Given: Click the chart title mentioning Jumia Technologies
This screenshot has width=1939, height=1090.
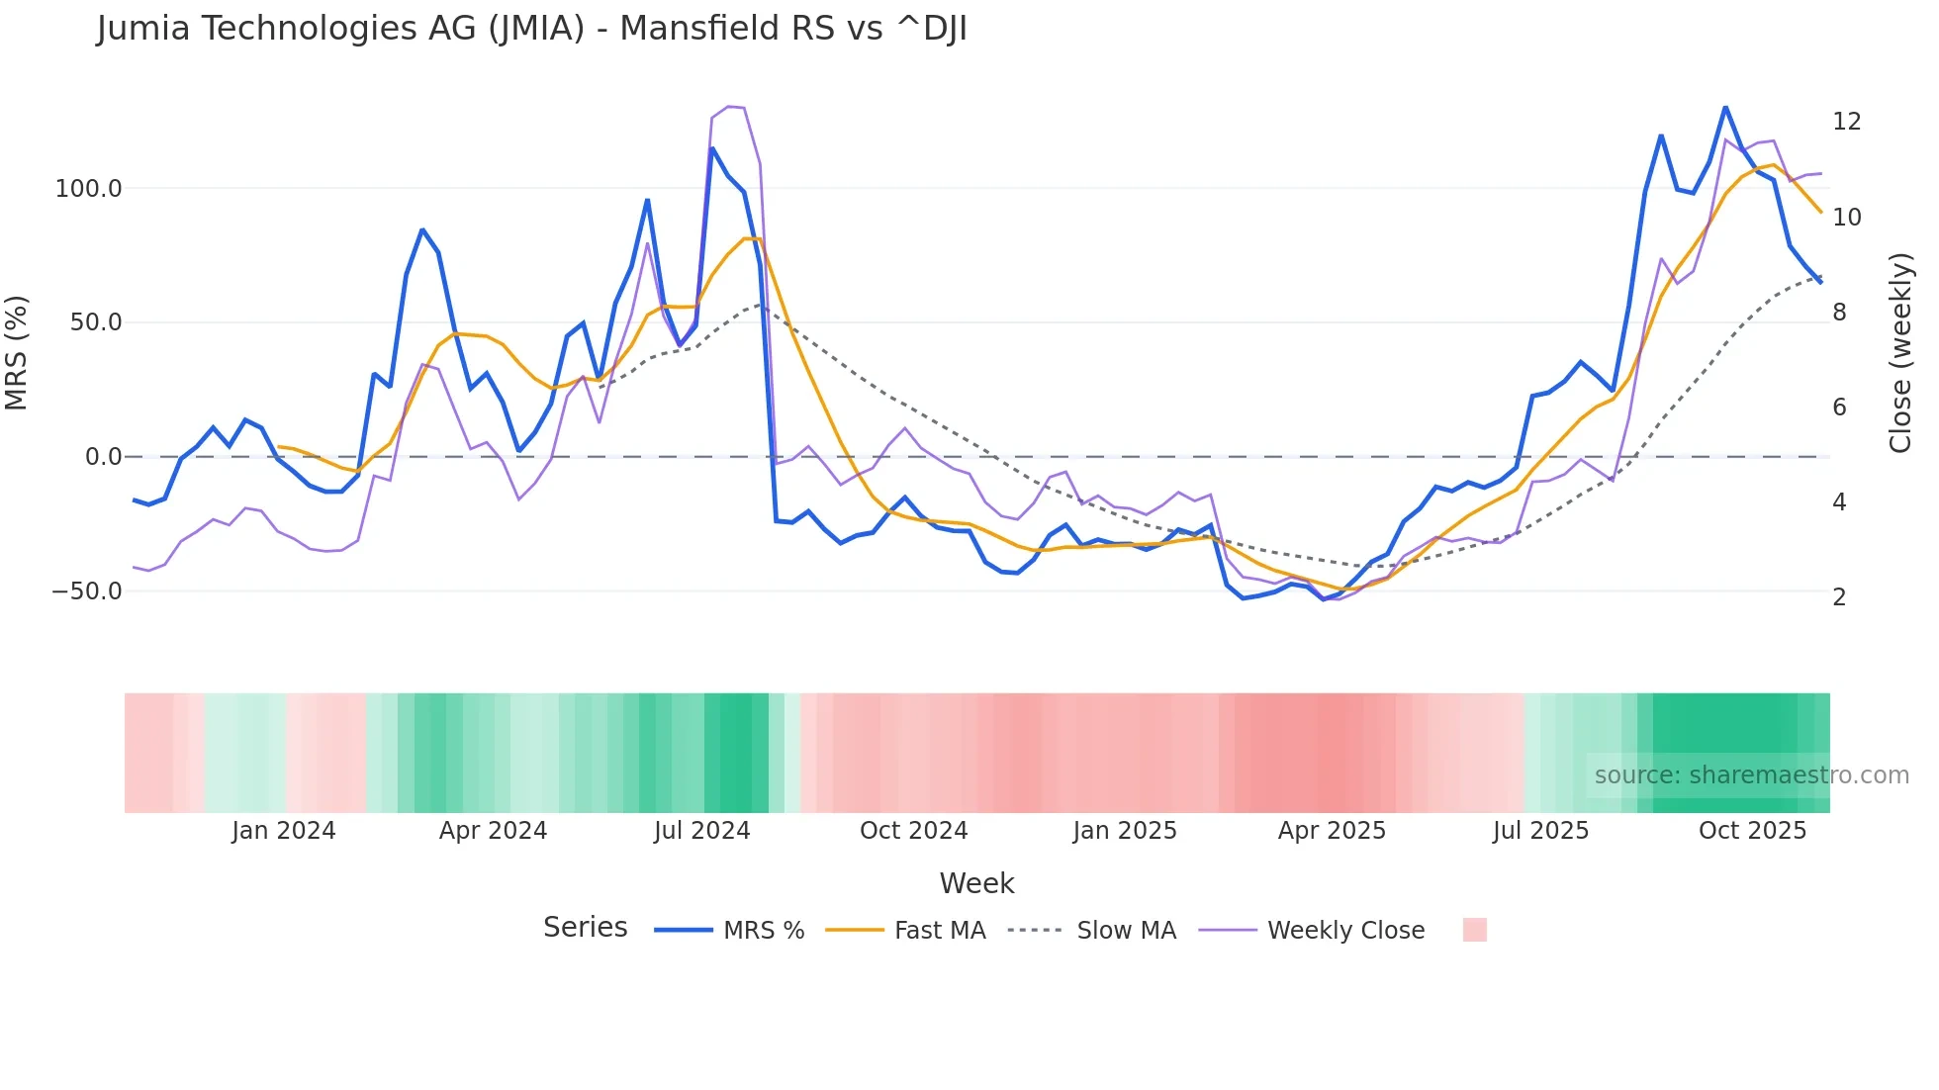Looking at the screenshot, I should click(531, 29).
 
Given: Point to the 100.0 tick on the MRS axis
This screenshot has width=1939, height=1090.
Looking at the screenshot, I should click(88, 188).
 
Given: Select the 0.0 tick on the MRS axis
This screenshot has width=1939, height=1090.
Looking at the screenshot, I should click(103, 457).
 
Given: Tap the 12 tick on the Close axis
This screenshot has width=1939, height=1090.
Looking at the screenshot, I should click(1846, 122).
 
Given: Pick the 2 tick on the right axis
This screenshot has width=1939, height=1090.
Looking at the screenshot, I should click(1839, 597).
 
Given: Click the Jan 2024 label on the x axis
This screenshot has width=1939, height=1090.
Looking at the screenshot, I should click(284, 831).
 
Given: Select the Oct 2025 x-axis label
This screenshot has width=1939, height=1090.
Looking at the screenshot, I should click(1752, 831).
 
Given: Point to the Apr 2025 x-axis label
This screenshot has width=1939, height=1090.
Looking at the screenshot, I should click(1332, 831).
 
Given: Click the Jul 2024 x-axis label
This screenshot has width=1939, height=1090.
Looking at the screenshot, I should click(701, 831).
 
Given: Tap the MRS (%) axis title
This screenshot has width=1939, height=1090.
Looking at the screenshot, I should click(17, 352).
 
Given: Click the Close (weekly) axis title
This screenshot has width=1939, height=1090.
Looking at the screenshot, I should click(1900, 352).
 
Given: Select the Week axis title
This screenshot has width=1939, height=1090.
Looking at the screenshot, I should click(976, 883).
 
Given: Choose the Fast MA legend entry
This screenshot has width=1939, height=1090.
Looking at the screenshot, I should click(939, 931).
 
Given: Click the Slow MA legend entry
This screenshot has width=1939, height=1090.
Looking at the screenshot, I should click(1126, 931).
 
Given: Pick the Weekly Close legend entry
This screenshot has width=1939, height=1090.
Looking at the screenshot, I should click(1345, 931).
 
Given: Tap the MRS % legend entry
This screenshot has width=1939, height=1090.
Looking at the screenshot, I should click(763, 931).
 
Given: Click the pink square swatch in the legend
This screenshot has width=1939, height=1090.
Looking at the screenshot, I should click(1474, 930).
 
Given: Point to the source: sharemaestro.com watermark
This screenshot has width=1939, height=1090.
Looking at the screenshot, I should click(1751, 775).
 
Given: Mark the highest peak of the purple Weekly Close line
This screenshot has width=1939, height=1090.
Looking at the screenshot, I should click(729, 106).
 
